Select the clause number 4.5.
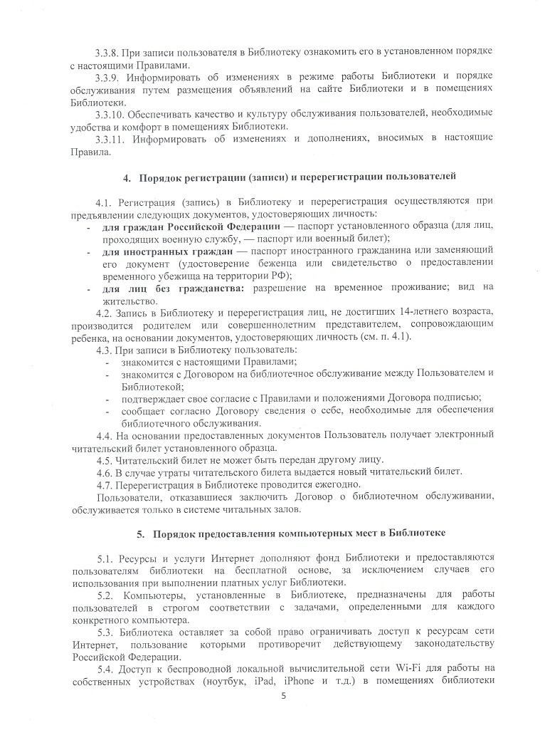(104, 459)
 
